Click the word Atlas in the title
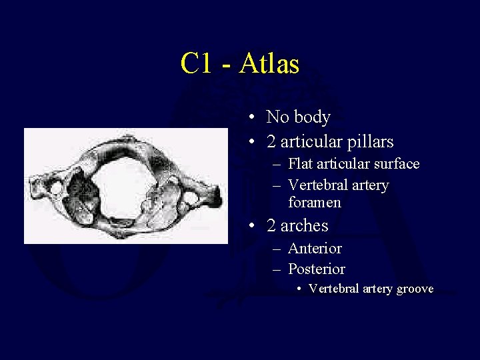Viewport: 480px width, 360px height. [x=269, y=64]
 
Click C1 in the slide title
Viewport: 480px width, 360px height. [x=195, y=64]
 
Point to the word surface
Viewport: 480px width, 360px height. [x=395, y=164]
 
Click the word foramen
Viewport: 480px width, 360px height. [x=315, y=202]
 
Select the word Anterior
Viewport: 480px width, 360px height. [x=315, y=249]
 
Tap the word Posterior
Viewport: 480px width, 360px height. [x=317, y=269]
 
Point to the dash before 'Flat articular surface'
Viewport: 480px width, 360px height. [x=278, y=164]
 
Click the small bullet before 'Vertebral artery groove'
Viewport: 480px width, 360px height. [x=301, y=289]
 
